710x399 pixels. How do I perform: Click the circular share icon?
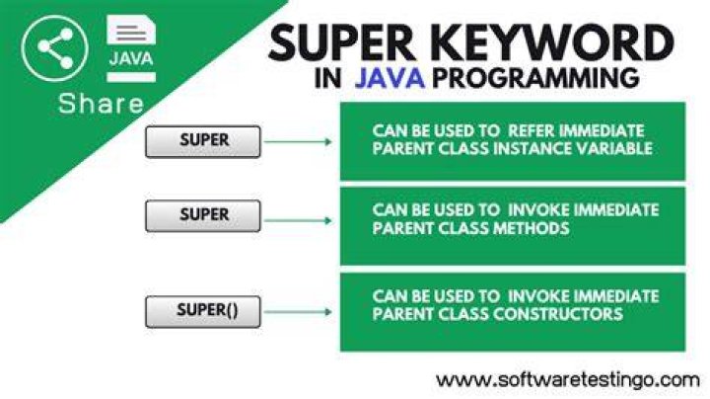pyautogui.click(x=55, y=48)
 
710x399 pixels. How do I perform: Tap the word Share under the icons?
pyautogui.click(x=101, y=103)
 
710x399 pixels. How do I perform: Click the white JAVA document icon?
pyautogui.click(x=131, y=48)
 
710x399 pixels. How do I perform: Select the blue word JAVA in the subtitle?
pyautogui.click(x=390, y=78)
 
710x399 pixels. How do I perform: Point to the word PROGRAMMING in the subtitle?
pyautogui.click(x=535, y=78)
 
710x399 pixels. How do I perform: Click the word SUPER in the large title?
pyautogui.click(x=342, y=43)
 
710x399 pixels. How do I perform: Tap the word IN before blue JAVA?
pyautogui.click(x=327, y=78)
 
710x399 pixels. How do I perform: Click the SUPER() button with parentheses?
pyautogui.click(x=203, y=311)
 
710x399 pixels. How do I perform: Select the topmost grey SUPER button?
pyautogui.click(x=203, y=141)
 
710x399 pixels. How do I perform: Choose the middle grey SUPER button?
pyautogui.click(x=203, y=216)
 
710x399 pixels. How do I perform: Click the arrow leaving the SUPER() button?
pyautogui.click(x=298, y=311)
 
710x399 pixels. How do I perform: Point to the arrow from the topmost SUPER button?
pyautogui.click(x=298, y=142)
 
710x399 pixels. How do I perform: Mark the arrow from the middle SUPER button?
pyautogui.click(x=298, y=221)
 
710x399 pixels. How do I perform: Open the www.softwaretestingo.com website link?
pyautogui.click(x=568, y=380)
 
